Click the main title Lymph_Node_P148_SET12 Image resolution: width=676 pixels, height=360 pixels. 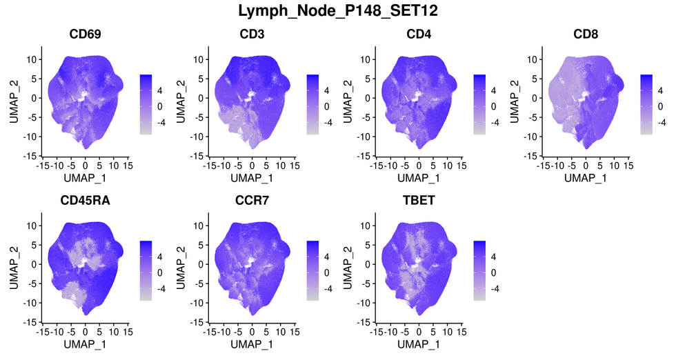(337, 11)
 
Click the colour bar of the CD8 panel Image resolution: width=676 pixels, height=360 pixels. (646, 103)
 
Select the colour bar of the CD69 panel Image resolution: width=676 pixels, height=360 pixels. (146, 103)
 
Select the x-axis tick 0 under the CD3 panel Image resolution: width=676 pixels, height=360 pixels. (251, 166)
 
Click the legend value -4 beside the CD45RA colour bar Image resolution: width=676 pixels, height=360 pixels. (161, 290)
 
